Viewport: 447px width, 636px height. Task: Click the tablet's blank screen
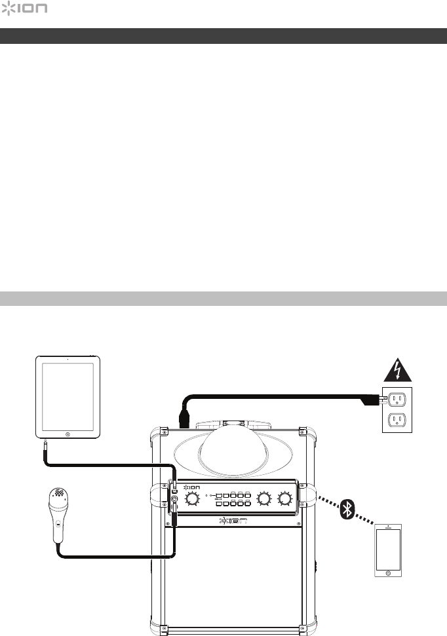pos(68,394)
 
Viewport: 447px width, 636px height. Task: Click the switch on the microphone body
pos(58,524)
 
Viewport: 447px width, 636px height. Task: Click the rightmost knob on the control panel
pos(285,500)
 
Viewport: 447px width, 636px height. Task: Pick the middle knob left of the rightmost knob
pos(263,500)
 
